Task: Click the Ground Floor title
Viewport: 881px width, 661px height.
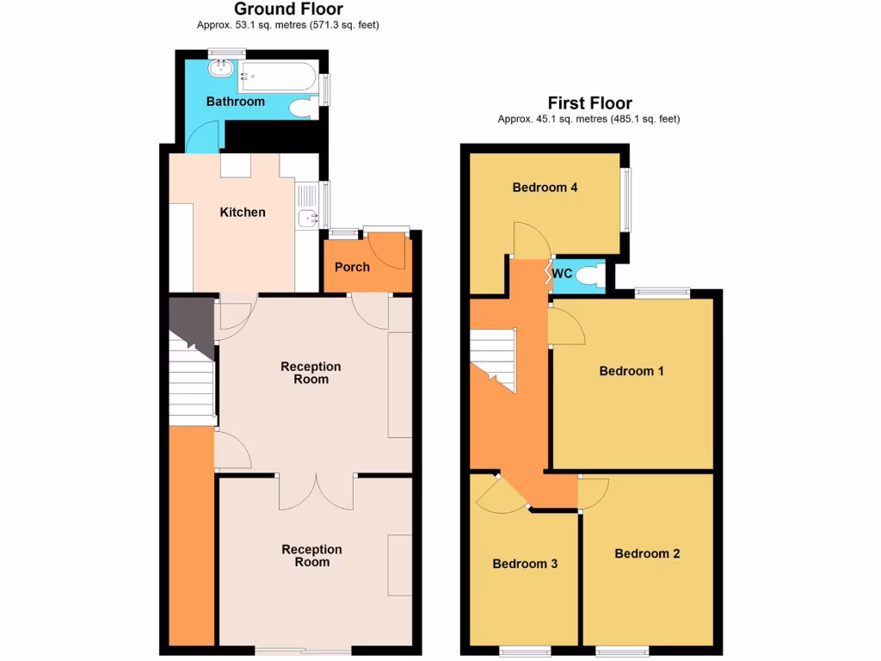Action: (x=288, y=9)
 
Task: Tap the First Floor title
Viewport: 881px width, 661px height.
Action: (x=589, y=103)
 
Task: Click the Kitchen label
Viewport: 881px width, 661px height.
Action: (x=243, y=212)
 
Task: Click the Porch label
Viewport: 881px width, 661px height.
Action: (x=352, y=267)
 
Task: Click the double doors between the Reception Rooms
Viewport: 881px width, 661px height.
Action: (x=317, y=491)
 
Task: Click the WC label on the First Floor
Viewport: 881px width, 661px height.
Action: (x=562, y=274)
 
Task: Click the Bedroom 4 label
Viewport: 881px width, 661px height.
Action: (x=545, y=188)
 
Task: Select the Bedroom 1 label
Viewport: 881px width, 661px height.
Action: (x=631, y=371)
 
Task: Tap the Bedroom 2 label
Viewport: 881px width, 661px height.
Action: (x=647, y=553)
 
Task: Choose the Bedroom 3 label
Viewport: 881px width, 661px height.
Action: (x=525, y=564)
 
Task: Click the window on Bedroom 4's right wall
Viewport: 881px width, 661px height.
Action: (x=627, y=199)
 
